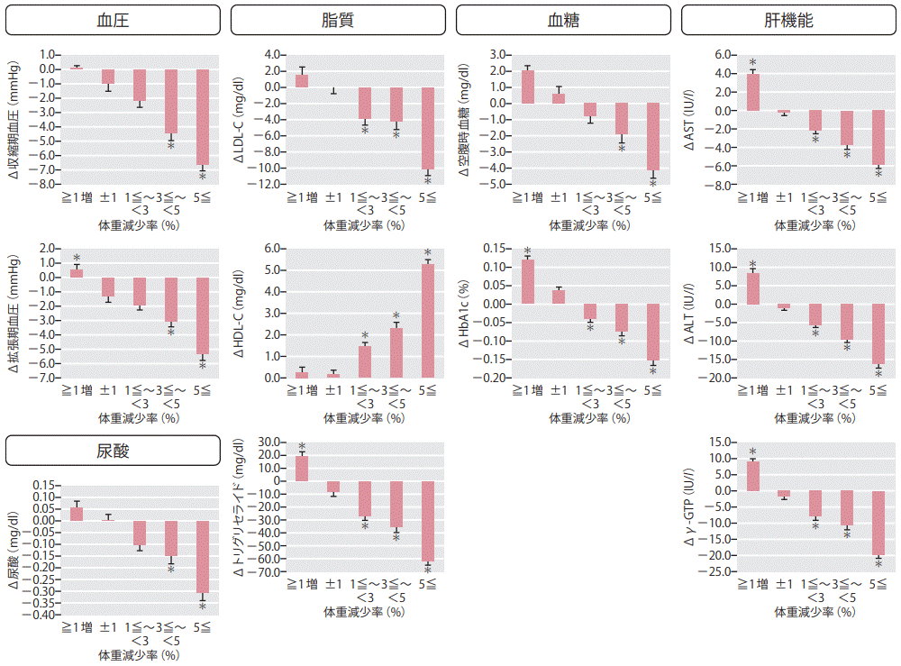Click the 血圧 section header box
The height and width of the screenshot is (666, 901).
click(113, 19)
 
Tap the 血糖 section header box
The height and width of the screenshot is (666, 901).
click(564, 19)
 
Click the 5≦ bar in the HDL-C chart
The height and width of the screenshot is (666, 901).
click(428, 321)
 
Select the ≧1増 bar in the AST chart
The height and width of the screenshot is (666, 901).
click(753, 92)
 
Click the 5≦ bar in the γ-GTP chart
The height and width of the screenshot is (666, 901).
click(878, 523)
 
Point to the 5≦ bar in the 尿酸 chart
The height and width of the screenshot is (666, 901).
click(203, 557)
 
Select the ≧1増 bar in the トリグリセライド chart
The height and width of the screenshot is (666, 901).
click(302, 468)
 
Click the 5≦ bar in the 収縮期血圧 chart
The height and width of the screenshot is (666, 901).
click(203, 117)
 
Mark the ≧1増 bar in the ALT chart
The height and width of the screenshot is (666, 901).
click(753, 288)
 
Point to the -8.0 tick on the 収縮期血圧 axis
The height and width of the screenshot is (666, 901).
click(47, 185)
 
